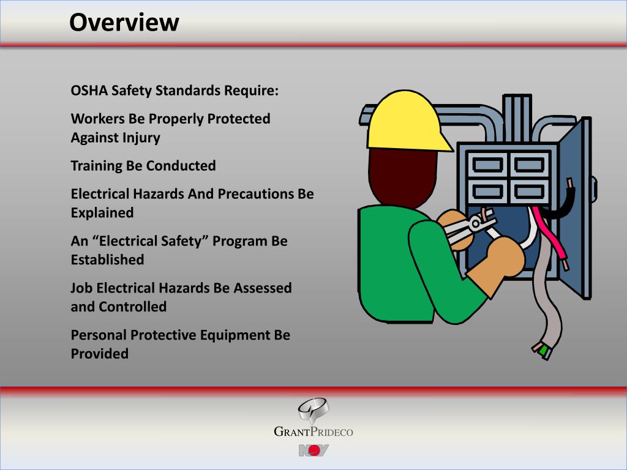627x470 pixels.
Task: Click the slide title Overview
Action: pyautogui.click(x=124, y=23)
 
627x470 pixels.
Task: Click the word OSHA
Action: pyautogui.click(x=89, y=91)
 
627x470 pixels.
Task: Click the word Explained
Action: pyautogui.click(x=102, y=213)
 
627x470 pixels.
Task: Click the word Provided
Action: pyautogui.click(x=99, y=354)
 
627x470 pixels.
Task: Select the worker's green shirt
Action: pyautogui.click(x=404, y=269)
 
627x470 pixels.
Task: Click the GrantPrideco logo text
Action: pyautogui.click(x=313, y=433)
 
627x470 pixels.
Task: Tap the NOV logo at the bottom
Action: pyautogui.click(x=313, y=451)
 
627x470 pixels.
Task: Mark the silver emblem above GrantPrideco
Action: pyautogui.click(x=312, y=409)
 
